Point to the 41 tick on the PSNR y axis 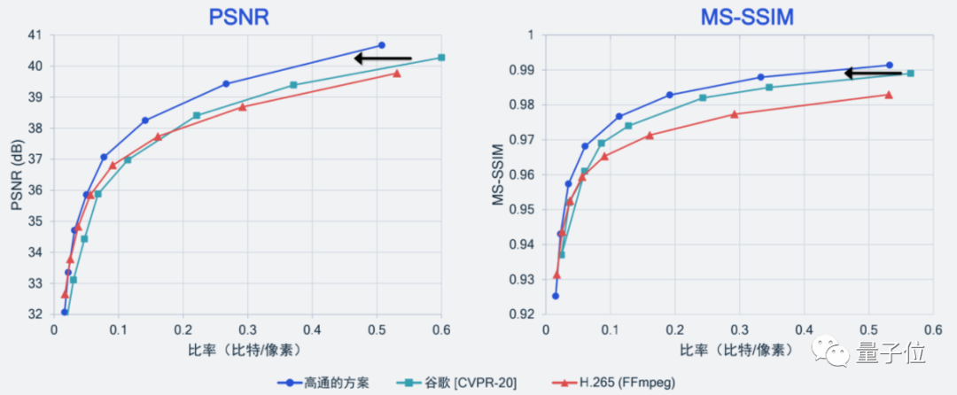tap(36, 35)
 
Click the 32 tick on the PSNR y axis tap(36, 314)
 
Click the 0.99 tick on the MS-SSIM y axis tap(521, 70)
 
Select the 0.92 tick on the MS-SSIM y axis tap(521, 314)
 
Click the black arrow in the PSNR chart tap(382, 58)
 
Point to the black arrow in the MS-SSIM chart tap(872, 74)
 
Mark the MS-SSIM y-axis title tap(499, 174)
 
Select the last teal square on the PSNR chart tap(441, 58)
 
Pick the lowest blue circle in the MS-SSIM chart tap(556, 296)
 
